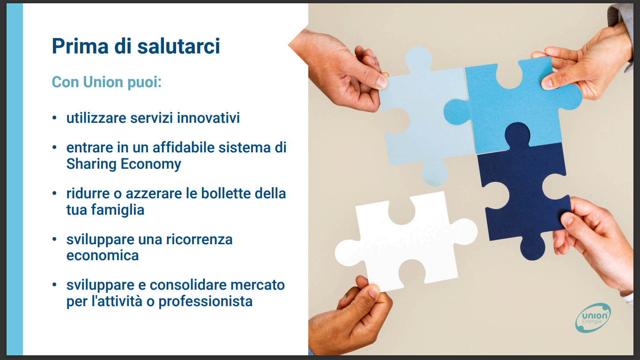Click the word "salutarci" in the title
pos(179,46)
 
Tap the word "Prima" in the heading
pos(80,46)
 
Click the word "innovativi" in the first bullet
pos(208,118)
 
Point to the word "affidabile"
pos(184,148)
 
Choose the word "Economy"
pos(151,165)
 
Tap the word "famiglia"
pos(118,210)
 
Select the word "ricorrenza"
pos(200,240)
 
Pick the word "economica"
pos(103,255)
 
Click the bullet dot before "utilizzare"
pos(54,118)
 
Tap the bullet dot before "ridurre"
pos(54,193)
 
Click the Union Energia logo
pos(593,318)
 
